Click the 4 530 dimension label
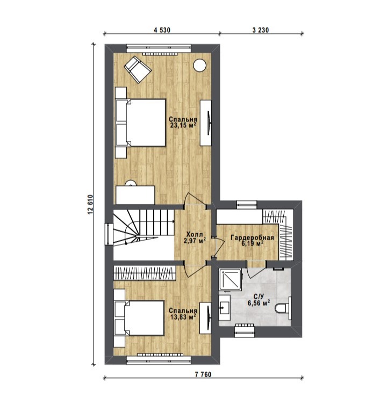coord(162,30)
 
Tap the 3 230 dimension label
coord(261,30)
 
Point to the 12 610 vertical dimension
coord(90,205)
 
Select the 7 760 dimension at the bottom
coord(203,375)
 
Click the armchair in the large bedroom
coord(137,69)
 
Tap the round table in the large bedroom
coord(200,65)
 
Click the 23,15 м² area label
coord(183,125)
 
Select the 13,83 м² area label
coord(183,316)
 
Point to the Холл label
coord(195,234)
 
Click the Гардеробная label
coord(252,238)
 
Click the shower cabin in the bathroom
coord(230,279)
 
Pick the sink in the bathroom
coord(225,307)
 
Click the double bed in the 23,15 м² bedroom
coord(140,123)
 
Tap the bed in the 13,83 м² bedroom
coord(139,318)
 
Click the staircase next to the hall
coord(143,228)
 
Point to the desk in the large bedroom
coord(135,195)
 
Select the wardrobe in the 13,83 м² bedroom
coord(145,273)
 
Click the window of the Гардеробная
coord(247,205)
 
